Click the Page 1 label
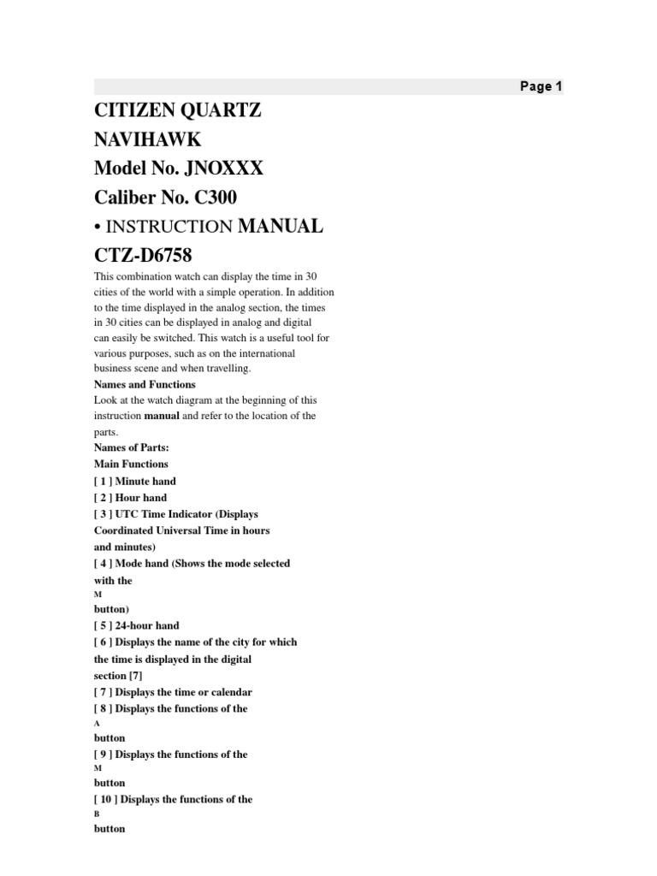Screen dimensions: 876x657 coord(541,86)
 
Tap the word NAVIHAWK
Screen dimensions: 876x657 coord(148,139)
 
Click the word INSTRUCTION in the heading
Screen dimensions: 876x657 coord(168,228)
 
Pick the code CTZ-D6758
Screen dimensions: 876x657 coord(143,256)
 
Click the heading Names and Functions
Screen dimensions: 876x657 coord(145,384)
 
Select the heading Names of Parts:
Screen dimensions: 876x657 coord(132,447)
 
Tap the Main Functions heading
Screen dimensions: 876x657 coord(131,464)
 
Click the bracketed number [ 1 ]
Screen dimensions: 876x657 coord(103,481)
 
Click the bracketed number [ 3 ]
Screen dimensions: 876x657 coord(103,514)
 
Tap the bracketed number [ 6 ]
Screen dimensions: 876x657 coord(103,642)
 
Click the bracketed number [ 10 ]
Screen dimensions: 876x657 coord(106,799)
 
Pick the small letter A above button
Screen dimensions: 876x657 coord(97,724)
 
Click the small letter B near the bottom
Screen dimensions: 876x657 coord(97,814)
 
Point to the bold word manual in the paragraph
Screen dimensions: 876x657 coord(162,416)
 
